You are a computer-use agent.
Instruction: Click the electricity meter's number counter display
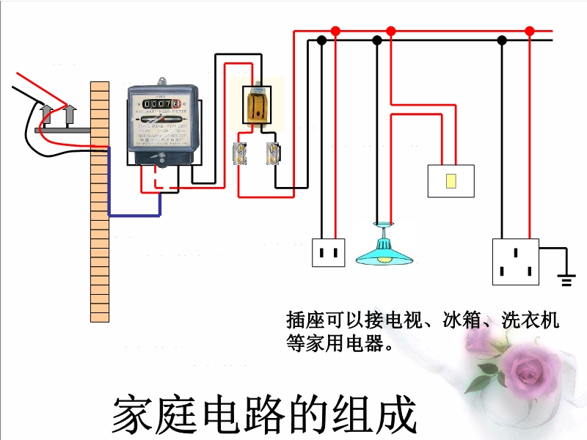pos(160,103)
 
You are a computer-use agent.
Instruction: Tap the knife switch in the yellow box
pos(256,105)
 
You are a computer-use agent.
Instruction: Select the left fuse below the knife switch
pos(239,153)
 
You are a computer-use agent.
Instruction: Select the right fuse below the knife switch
pos(273,153)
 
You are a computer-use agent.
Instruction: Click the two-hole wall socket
pos(329,252)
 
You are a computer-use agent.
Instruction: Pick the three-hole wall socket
pos(515,261)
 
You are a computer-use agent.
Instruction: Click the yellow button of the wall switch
pos(451,181)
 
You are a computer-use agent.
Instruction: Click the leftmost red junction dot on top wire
pos(336,32)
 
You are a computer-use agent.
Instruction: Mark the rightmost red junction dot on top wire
pos(530,31)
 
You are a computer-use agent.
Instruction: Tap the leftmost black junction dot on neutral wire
pos(321,40)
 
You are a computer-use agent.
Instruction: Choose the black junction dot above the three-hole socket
pos(502,40)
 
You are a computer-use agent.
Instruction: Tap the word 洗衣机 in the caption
pos(530,320)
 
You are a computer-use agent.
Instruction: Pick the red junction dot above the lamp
pos(391,32)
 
